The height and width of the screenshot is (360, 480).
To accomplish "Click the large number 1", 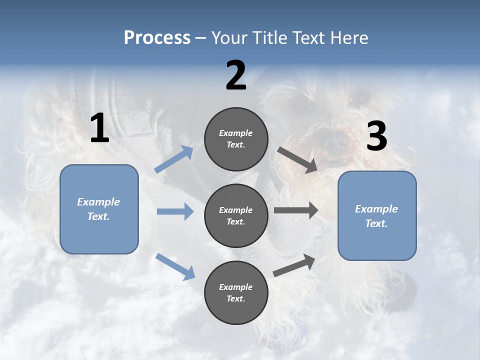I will [x=99, y=128].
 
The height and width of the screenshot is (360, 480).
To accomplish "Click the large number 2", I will [x=236, y=75].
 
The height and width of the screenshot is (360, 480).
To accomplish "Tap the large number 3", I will [x=376, y=136].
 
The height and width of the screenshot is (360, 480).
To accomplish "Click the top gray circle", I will [x=236, y=139].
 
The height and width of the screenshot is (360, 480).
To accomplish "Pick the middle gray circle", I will [x=236, y=215].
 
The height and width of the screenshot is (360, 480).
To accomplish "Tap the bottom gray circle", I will [x=236, y=292].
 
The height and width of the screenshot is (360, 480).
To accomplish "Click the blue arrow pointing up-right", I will [x=174, y=159].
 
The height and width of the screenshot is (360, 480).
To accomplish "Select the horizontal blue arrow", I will [x=175, y=211].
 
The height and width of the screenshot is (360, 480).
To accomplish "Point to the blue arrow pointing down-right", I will [x=175, y=266].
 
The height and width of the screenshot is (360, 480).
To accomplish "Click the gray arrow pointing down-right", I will [x=297, y=160].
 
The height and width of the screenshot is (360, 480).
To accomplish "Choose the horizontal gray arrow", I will [x=296, y=210].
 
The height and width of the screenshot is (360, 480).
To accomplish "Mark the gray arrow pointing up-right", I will [x=294, y=265].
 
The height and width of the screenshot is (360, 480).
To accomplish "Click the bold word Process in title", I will [x=157, y=37].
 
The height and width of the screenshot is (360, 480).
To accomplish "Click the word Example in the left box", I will [x=98, y=202].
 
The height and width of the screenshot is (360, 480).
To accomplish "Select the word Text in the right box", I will [x=376, y=223].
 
